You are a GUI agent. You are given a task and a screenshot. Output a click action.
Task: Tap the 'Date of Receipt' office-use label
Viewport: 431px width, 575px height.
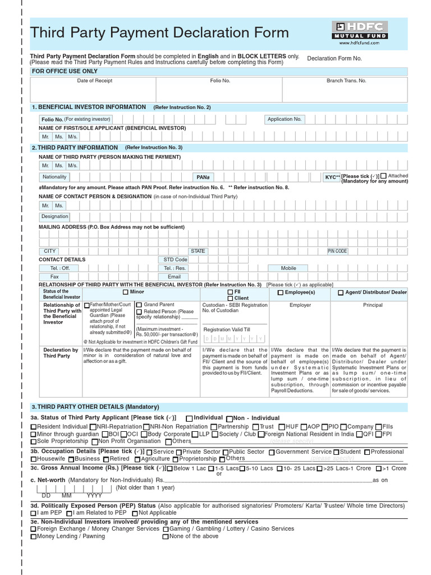coord(94,81)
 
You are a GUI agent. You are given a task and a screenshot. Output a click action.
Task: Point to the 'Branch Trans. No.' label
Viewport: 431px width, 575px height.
coord(346,81)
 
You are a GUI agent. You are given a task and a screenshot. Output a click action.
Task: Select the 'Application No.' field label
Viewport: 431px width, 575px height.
coord(285,119)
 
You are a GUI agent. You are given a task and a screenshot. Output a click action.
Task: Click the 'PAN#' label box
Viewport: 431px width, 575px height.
coord(203,177)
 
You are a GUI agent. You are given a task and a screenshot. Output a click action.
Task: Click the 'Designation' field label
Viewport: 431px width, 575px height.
coord(55,216)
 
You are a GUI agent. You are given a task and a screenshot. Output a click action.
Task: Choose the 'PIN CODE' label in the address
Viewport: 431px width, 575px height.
coord(337,251)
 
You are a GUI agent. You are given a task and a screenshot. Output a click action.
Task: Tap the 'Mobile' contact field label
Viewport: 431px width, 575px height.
coord(288,268)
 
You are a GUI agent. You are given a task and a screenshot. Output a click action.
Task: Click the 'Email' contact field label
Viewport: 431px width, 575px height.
coord(174,277)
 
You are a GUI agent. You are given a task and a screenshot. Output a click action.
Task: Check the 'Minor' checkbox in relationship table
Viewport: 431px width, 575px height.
coord(125,293)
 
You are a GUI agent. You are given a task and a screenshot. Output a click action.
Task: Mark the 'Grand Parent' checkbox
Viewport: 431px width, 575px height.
coord(139,305)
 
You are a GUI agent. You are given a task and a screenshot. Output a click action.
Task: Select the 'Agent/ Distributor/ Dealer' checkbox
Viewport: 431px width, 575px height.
coord(341,293)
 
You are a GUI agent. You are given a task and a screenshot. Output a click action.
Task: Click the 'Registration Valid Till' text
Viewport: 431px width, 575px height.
coord(227,330)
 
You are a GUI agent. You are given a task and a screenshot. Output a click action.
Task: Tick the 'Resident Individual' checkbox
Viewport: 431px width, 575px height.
coord(34,427)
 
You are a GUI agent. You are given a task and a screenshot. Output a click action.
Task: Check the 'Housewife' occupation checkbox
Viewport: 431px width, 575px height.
coord(34,459)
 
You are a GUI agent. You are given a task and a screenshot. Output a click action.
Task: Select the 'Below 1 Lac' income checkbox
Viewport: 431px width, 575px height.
coord(170,468)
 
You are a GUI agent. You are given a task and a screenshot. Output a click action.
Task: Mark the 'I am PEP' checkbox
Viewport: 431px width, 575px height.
coord(34,513)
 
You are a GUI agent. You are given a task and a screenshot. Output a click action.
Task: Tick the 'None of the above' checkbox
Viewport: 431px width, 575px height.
coord(166,537)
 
